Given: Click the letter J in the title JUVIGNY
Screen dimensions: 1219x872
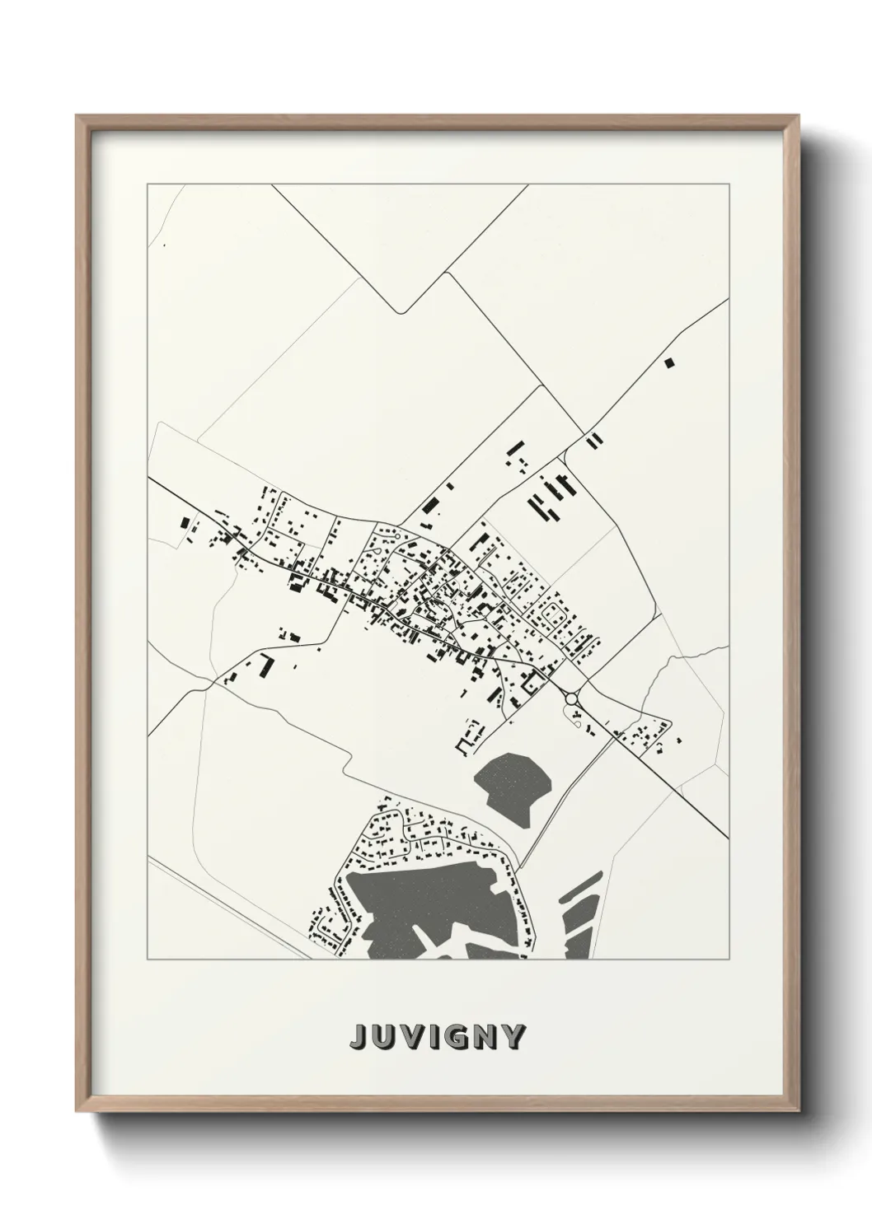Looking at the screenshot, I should (x=359, y=1037).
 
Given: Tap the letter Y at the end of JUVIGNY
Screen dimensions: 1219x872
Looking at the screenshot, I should (x=513, y=1037).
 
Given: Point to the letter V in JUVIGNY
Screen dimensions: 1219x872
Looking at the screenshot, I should (x=410, y=1037).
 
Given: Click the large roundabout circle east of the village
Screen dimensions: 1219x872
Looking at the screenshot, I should (x=571, y=698).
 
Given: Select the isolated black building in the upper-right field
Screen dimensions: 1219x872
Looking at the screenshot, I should (x=669, y=361).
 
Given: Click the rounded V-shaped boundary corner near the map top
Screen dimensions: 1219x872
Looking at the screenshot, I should (x=401, y=311).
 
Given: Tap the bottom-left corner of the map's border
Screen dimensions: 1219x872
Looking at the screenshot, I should (x=148, y=960).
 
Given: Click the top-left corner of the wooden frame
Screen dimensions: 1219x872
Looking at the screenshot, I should (x=76, y=115).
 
